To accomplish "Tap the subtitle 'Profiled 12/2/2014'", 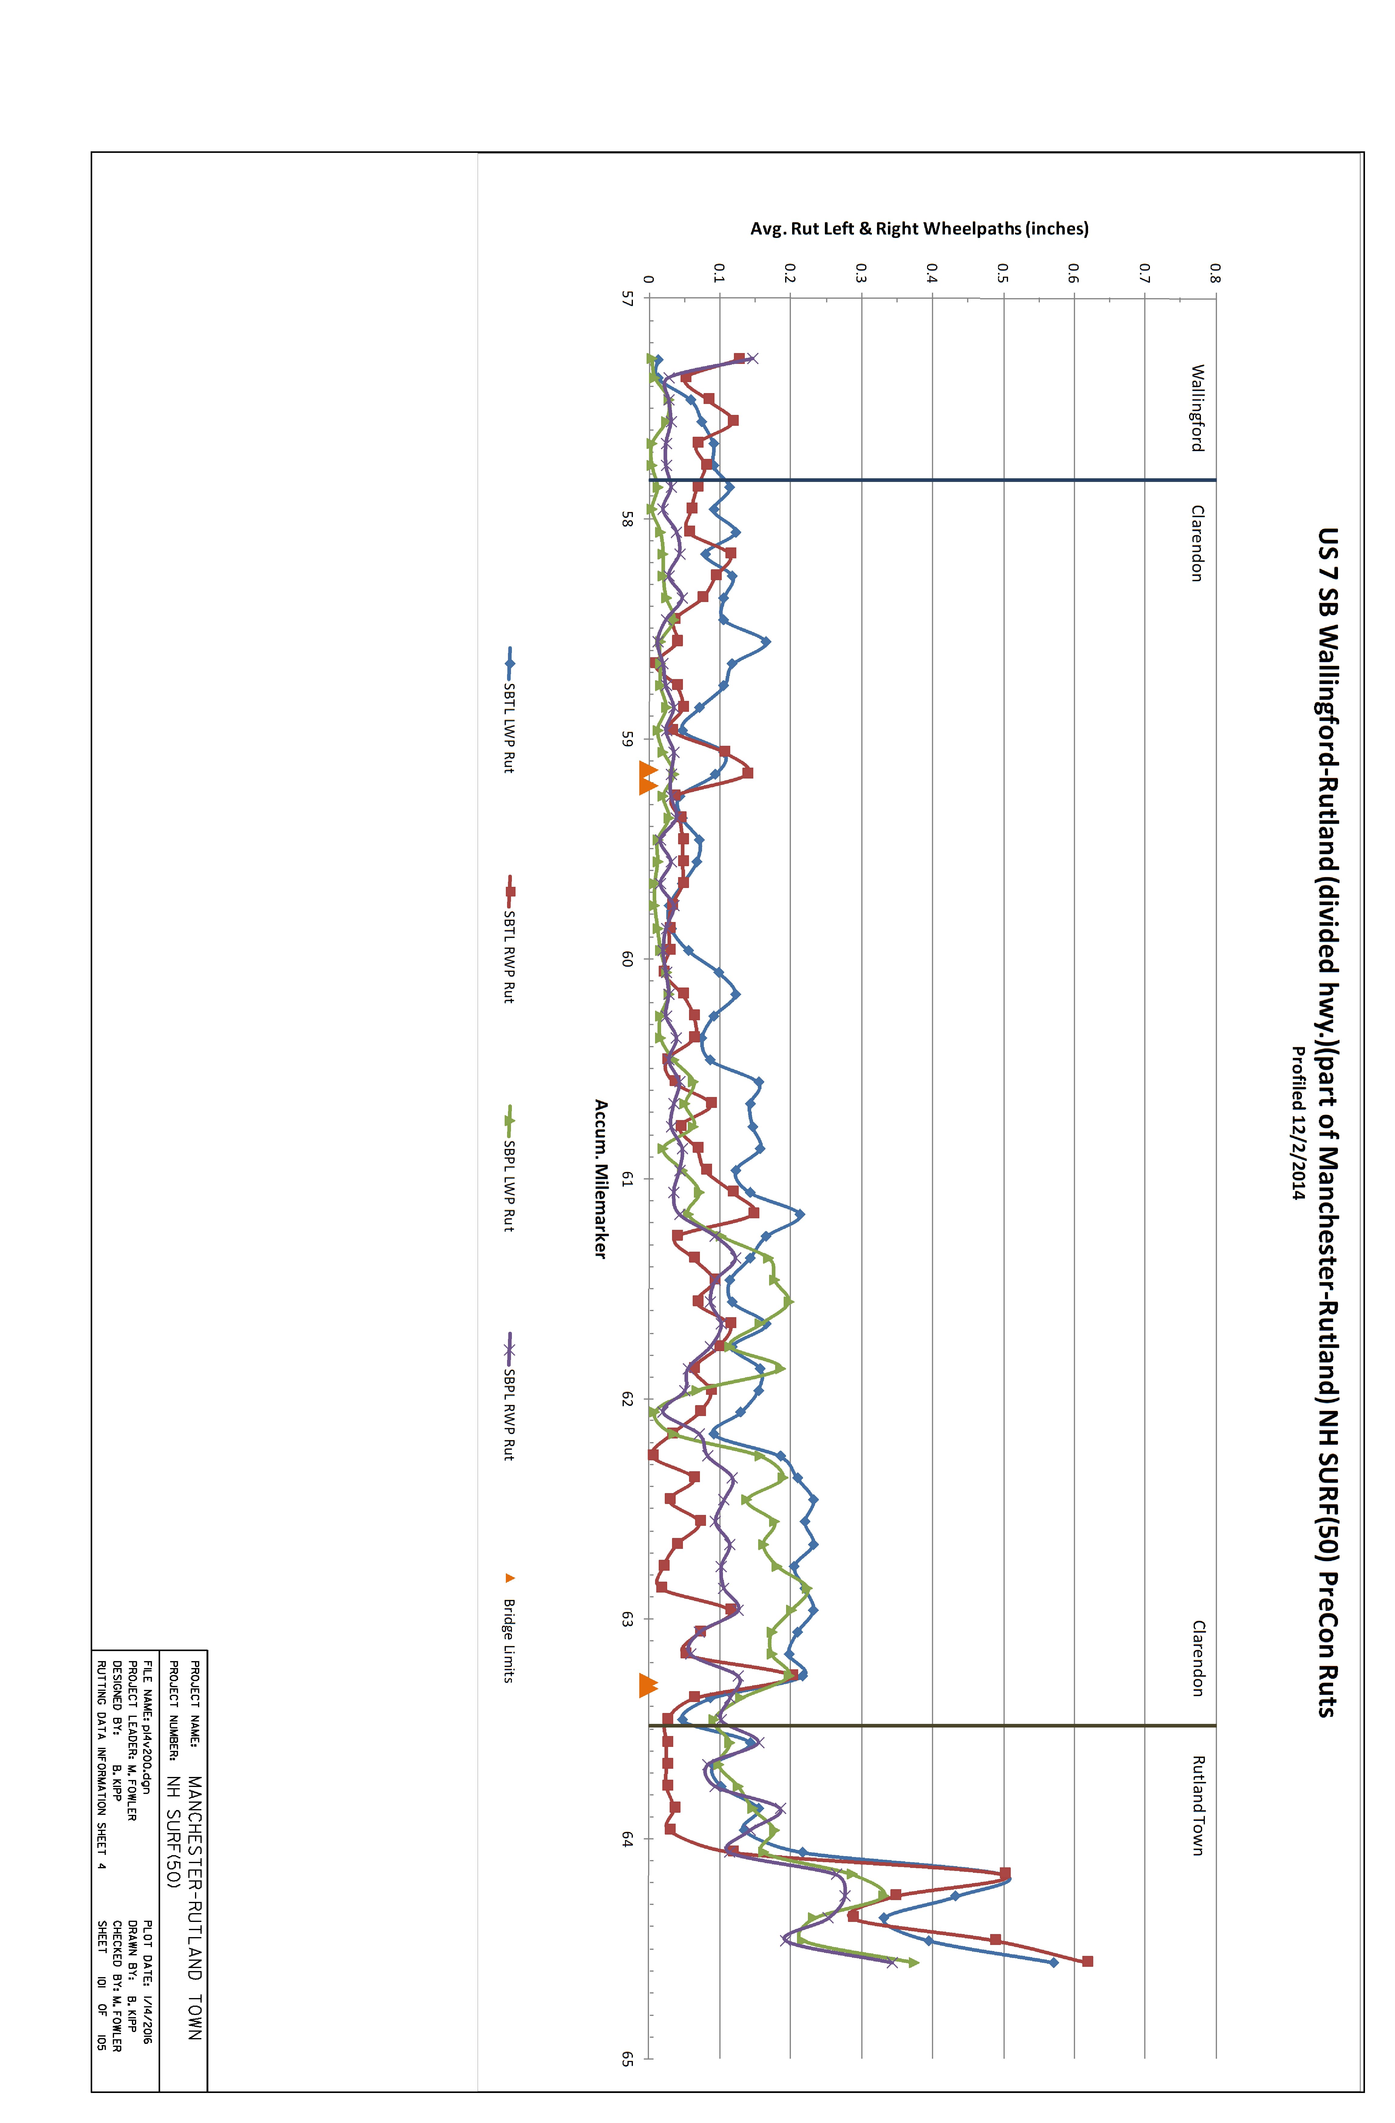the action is (x=1299, y=1124).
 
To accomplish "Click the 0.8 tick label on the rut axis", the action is (x=1215, y=273).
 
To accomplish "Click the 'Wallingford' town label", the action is (x=1198, y=408).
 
